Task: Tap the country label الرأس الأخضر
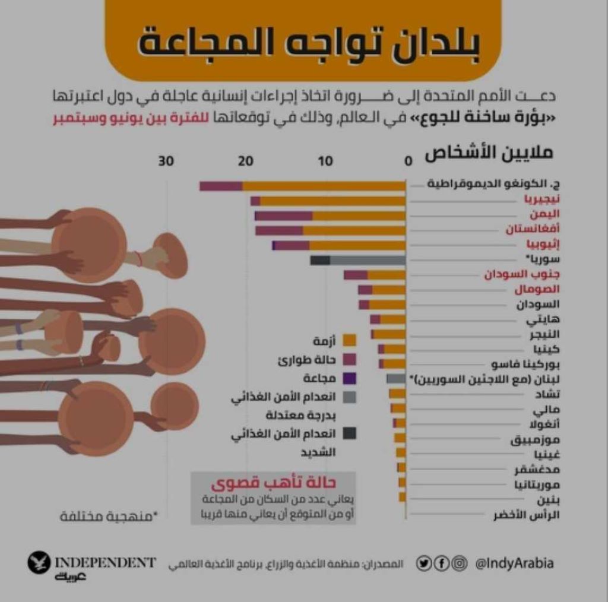[527, 515]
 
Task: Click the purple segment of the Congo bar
[221, 186]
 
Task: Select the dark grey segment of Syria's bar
[320, 260]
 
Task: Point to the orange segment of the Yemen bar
[359, 216]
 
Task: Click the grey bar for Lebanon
[395, 378]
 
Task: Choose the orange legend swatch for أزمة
[350, 340]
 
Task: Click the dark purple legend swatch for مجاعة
[350, 378]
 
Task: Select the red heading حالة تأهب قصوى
[274, 482]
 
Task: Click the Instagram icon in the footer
[459, 563]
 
